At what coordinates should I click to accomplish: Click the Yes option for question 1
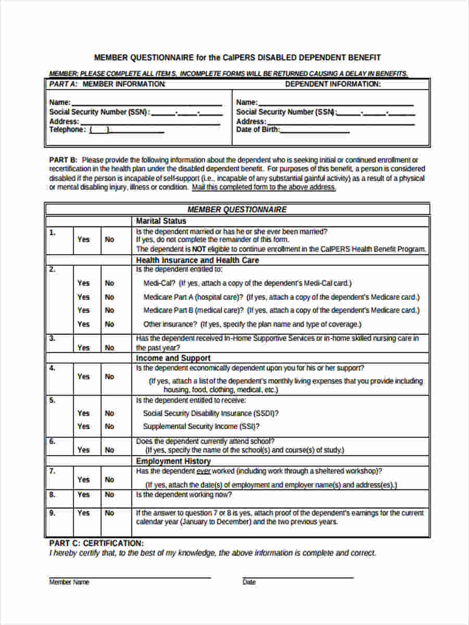pyautogui.click(x=83, y=240)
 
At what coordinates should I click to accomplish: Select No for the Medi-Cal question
pyautogui.click(x=109, y=283)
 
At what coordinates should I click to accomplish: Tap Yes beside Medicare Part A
pyautogui.click(x=83, y=297)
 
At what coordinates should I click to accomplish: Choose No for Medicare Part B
pyautogui.click(x=109, y=310)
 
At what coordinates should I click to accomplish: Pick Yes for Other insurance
pyautogui.click(x=83, y=324)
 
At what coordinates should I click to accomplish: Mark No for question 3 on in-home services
pyautogui.click(x=109, y=347)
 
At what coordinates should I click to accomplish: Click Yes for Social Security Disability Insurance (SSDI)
pyautogui.click(x=83, y=413)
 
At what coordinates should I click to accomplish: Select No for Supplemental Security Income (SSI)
pyautogui.click(x=109, y=427)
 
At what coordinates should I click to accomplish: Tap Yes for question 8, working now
pyautogui.click(x=83, y=494)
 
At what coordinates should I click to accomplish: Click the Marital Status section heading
pyautogui.click(x=161, y=221)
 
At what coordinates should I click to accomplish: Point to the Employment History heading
pyautogui.click(x=173, y=461)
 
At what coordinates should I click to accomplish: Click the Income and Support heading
pyautogui.click(x=173, y=358)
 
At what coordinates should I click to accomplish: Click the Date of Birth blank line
pyautogui.click(x=315, y=130)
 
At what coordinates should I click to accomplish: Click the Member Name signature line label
pyautogui.click(x=69, y=582)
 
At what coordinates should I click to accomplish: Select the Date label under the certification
pyautogui.click(x=249, y=582)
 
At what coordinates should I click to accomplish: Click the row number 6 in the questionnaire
pyautogui.click(x=52, y=441)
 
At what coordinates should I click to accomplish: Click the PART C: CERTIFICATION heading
pyautogui.click(x=96, y=543)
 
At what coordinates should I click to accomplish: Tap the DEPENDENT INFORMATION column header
pyautogui.click(x=332, y=84)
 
